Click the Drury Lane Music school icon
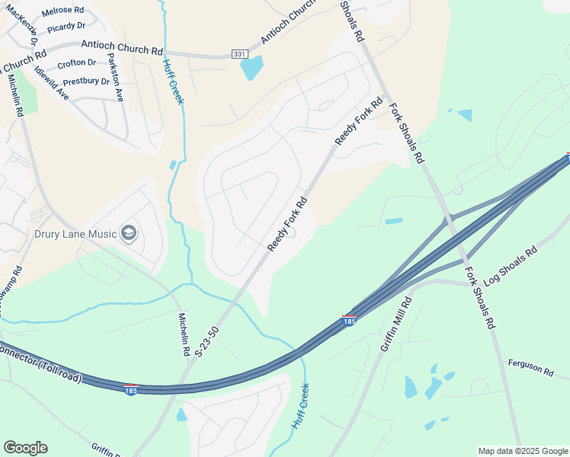(128, 232)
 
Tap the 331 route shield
(239, 55)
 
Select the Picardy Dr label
(66, 27)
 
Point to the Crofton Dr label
(76, 62)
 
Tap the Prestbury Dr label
(86, 81)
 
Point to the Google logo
(25, 448)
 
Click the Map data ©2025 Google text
(522, 451)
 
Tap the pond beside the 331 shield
(251, 69)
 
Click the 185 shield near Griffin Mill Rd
(349, 321)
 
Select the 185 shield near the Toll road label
(130, 389)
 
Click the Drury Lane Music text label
(75, 234)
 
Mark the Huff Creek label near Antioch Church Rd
(173, 82)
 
